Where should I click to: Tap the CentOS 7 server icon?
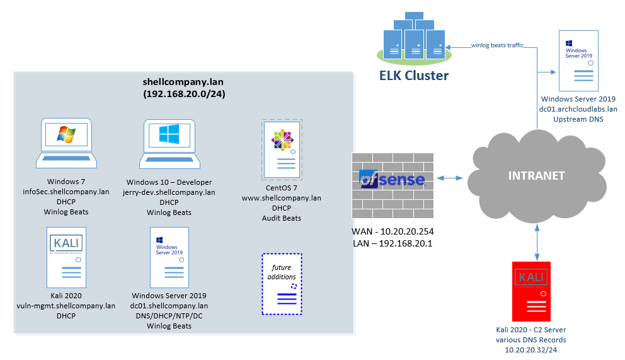click(282, 148)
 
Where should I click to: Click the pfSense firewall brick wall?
click(391, 181)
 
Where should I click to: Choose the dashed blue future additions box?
click(282, 284)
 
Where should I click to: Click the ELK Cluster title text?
click(414, 76)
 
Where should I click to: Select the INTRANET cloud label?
click(536, 175)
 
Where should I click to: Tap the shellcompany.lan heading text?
click(183, 82)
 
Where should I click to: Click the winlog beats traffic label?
click(498, 45)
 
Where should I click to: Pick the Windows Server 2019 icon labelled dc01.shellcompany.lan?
click(168, 258)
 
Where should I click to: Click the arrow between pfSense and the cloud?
click(450, 178)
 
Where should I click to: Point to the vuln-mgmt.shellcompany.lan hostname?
click(66, 306)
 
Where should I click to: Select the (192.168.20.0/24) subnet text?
click(183, 95)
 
